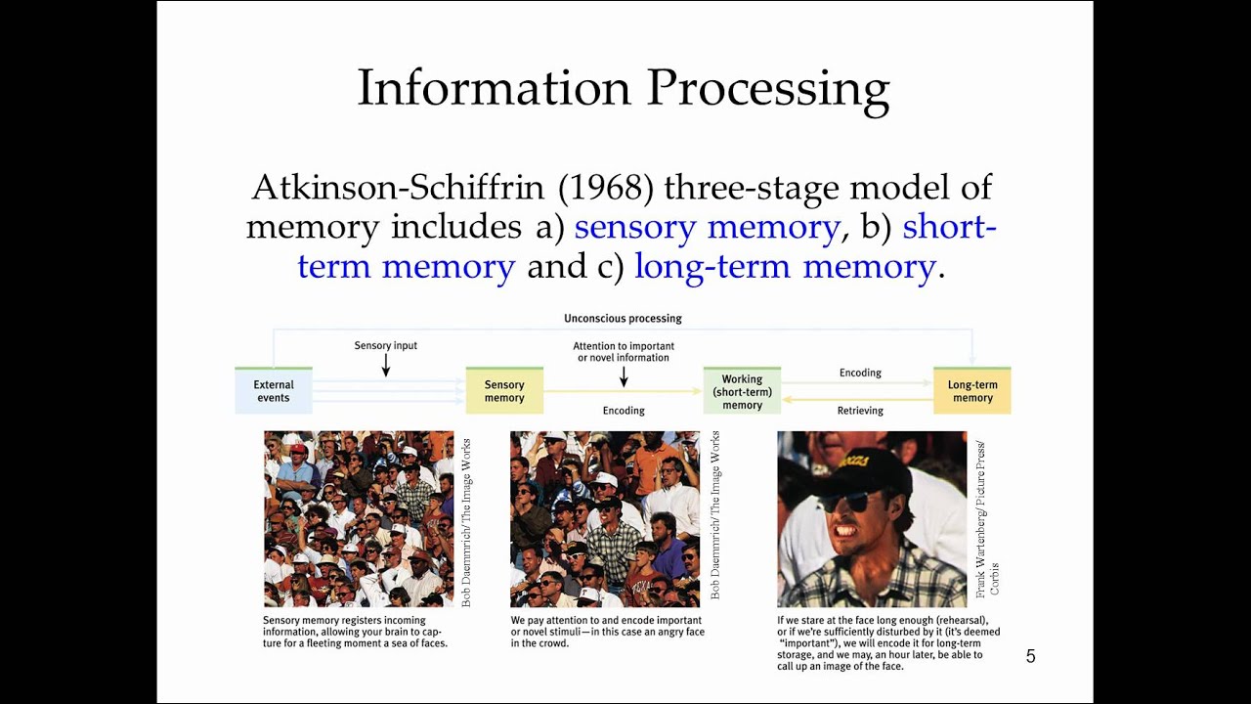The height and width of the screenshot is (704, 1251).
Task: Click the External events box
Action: pos(274,391)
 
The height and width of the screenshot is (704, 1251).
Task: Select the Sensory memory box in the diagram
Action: pos(504,391)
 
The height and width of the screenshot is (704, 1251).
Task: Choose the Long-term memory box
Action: pos(972,391)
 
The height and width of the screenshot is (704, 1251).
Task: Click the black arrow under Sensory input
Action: pos(386,365)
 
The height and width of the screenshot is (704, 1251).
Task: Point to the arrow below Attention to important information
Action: pos(624,376)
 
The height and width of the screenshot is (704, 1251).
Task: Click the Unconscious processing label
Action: pos(623,319)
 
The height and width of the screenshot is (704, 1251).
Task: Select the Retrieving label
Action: pos(860,411)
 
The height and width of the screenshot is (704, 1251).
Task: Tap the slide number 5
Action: pos(1030,657)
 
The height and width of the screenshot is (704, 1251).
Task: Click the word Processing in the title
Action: pos(767,89)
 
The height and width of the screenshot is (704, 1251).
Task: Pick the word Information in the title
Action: pos(494,89)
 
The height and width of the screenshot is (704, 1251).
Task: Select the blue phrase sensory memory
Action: pos(707,227)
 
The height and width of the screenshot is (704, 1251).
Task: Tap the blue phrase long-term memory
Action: pos(785,267)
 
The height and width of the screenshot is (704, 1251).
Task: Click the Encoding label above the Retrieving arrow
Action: pos(860,373)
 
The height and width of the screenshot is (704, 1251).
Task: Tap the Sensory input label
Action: pos(386,345)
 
